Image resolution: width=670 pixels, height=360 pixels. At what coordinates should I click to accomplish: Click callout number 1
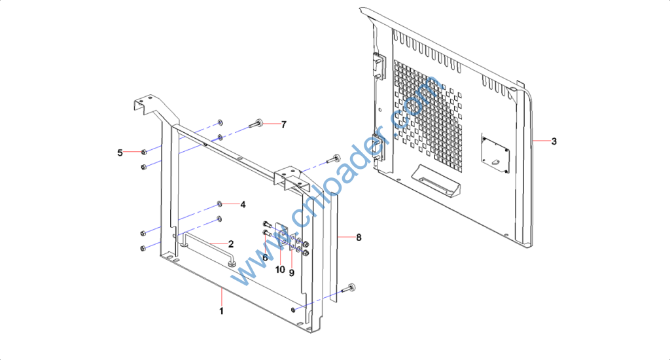pos(221,312)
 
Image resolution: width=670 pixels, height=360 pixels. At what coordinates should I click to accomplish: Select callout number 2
pos(231,244)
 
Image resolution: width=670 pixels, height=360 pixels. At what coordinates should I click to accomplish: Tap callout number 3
pos(554,141)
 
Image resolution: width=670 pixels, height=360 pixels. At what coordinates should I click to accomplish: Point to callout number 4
pos(243,204)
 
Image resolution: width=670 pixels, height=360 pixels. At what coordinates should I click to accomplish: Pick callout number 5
pos(120,153)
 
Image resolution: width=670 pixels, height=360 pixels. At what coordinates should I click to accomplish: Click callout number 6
pos(265,258)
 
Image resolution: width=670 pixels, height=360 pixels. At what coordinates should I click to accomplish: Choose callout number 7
pos(284,124)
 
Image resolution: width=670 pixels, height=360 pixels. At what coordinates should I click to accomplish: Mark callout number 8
pos(359,238)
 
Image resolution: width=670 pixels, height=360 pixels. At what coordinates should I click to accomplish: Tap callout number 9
pos(291,273)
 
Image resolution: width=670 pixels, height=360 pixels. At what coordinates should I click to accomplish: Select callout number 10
pos(280,270)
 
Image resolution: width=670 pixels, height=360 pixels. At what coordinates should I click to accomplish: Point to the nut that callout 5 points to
pos(144,152)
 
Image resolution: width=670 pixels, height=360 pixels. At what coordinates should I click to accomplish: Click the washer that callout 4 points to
pos(220,204)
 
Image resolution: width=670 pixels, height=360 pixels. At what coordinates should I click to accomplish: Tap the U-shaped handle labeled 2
pos(208,247)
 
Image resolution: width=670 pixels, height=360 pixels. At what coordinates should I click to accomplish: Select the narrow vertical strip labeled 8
pos(334,247)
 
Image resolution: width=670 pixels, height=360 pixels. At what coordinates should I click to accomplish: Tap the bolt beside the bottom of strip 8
pos(349,289)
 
